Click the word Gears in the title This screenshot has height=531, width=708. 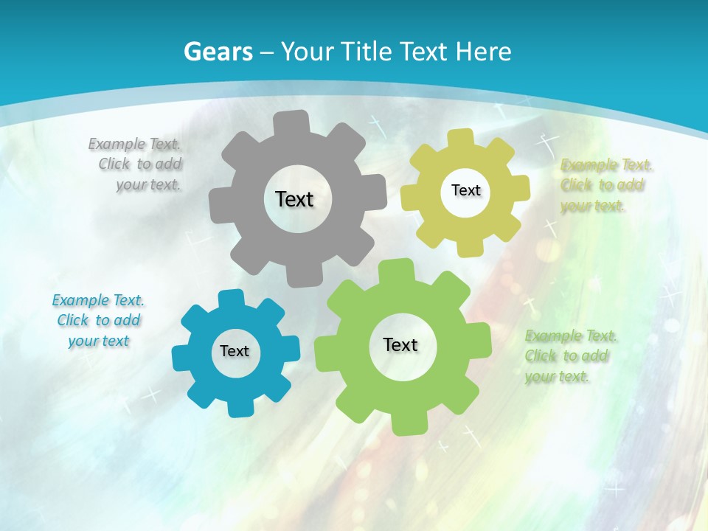(218, 52)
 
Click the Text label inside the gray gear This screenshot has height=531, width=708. (294, 199)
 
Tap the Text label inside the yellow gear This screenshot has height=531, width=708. (465, 190)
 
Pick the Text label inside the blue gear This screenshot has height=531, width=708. (235, 351)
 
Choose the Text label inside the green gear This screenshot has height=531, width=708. (400, 344)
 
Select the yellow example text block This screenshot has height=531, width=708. (605, 185)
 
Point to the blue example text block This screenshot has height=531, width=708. (98, 320)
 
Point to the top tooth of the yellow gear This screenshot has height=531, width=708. (461, 138)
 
